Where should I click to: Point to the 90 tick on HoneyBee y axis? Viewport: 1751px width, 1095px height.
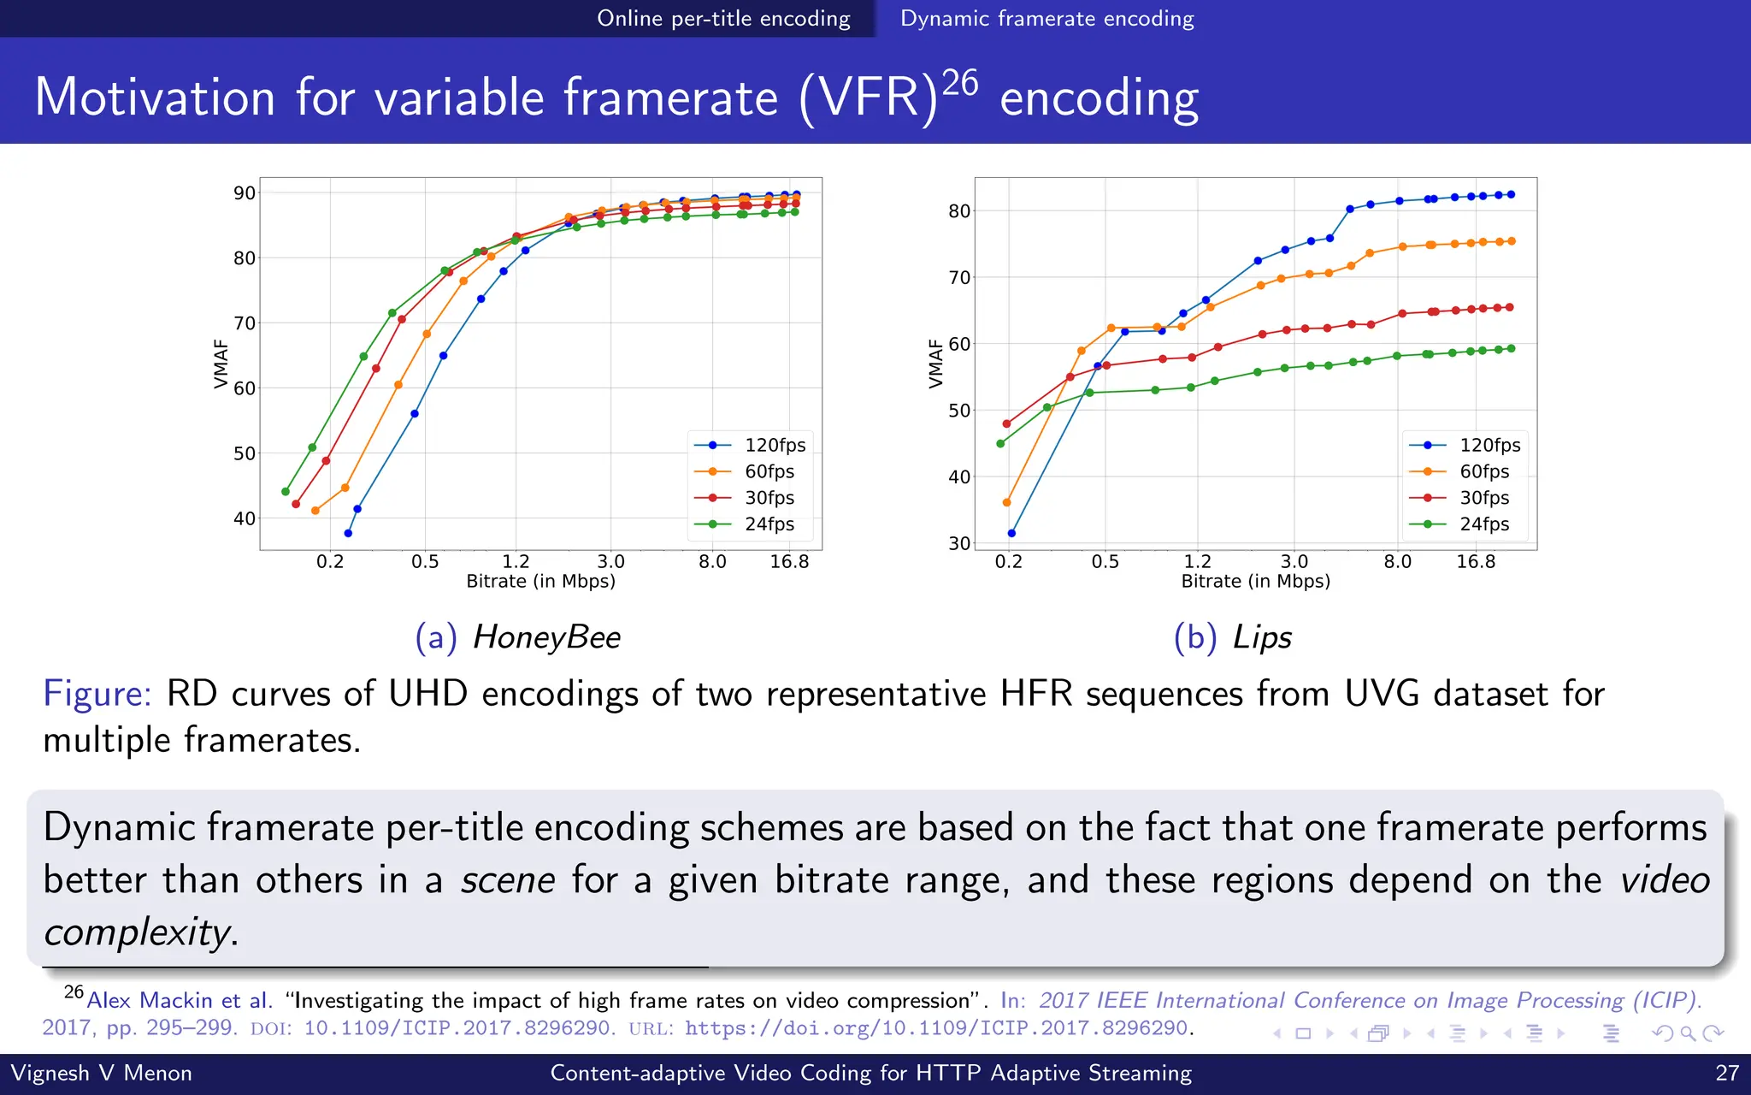[x=245, y=193]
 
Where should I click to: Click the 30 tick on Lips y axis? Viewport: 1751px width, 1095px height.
[x=959, y=543]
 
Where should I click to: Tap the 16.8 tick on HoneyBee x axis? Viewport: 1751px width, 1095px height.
[x=788, y=562]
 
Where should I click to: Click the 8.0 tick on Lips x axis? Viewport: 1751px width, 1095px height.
[x=1397, y=562]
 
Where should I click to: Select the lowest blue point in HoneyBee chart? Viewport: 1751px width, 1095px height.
[x=348, y=533]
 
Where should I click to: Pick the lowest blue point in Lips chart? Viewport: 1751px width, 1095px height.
[x=1011, y=533]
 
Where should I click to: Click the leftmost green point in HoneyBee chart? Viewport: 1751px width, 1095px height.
[x=286, y=491]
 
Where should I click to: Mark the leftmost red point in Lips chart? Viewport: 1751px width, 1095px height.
[x=1006, y=423]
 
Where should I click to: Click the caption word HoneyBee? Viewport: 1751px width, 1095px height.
[x=546, y=637]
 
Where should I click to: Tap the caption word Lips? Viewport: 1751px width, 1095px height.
[x=1262, y=637]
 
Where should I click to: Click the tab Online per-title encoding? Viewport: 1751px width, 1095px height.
[x=723, y=18]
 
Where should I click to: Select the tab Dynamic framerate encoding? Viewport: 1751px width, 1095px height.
[x=1046, y=18]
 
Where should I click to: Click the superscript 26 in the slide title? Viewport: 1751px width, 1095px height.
[x=959, y=83]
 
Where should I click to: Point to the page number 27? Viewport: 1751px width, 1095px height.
[x=1727, y=1073]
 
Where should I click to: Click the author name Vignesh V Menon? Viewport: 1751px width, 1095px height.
[x=101, y=1073]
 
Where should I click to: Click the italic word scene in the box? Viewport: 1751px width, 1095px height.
[x=508, y=880]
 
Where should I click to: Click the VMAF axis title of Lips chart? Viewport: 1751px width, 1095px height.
[x=935, y=364]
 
